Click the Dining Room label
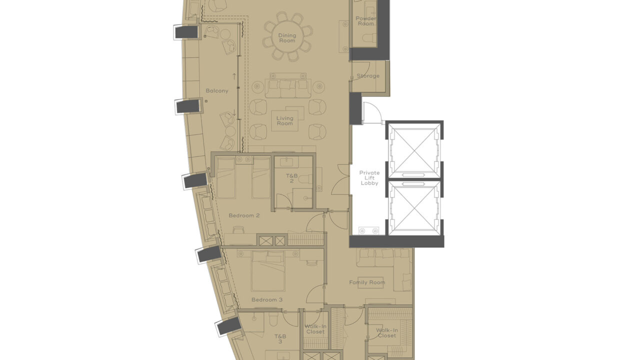tap(287, 38)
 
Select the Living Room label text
tap(284, 121)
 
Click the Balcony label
tap(216, 91)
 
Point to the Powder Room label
tap(366, 21)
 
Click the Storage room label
tap(367, 76)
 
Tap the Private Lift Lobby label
tap(369, 178)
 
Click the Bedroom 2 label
tap(244, 215)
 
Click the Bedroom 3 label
tap(267, 299)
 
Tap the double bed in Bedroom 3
tap(268, 272)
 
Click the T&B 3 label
tap(280, 338)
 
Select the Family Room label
tap(367, 282)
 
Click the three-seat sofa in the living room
tap(288, 88)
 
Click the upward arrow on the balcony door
tap(234, 76)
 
